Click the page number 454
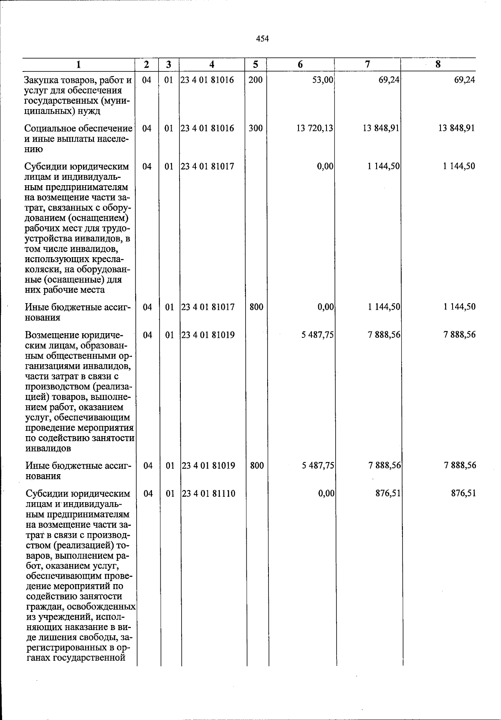(262, 39)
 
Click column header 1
(78, 64)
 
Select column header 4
(212, 64)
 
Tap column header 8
(438, 64)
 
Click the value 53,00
(323, 80)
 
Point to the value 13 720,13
(315, 128)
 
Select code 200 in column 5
(255, 80)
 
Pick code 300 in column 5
(256, 128)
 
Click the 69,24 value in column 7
(389, 80)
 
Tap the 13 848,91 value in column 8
(456, 128)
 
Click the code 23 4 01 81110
(208, 494)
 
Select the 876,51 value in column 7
(388, 494)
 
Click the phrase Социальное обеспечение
(78, 128)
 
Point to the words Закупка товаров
(53, 80)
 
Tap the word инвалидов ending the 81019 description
(48, 449)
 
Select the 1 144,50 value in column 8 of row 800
(459, 307)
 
